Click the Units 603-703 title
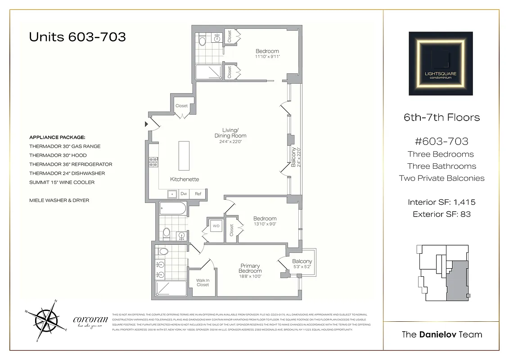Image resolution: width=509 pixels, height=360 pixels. [x=77, y=37]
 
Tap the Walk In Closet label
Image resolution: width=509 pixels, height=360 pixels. [x=203, y=282]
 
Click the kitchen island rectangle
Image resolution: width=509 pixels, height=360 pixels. [x=184, y=156]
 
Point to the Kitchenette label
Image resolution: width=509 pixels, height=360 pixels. [x=185, y=179]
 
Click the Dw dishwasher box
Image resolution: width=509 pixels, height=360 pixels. [x=184, y=194]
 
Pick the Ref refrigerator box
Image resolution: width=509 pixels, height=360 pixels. [x=198, y=194]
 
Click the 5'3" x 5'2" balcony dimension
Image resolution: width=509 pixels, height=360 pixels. [x=302, y=267]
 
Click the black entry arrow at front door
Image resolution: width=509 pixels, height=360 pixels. [x=146, y=124]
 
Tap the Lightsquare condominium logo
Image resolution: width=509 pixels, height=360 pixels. [x=441, y=63]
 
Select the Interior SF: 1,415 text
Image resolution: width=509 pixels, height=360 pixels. [x=441, y=202]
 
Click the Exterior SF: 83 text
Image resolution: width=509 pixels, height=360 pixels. [x=441, y=214]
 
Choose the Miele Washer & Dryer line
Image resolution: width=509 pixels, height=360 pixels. [x=59, y=200]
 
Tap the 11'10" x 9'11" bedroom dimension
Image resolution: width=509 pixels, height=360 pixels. [x=267, y=57]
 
